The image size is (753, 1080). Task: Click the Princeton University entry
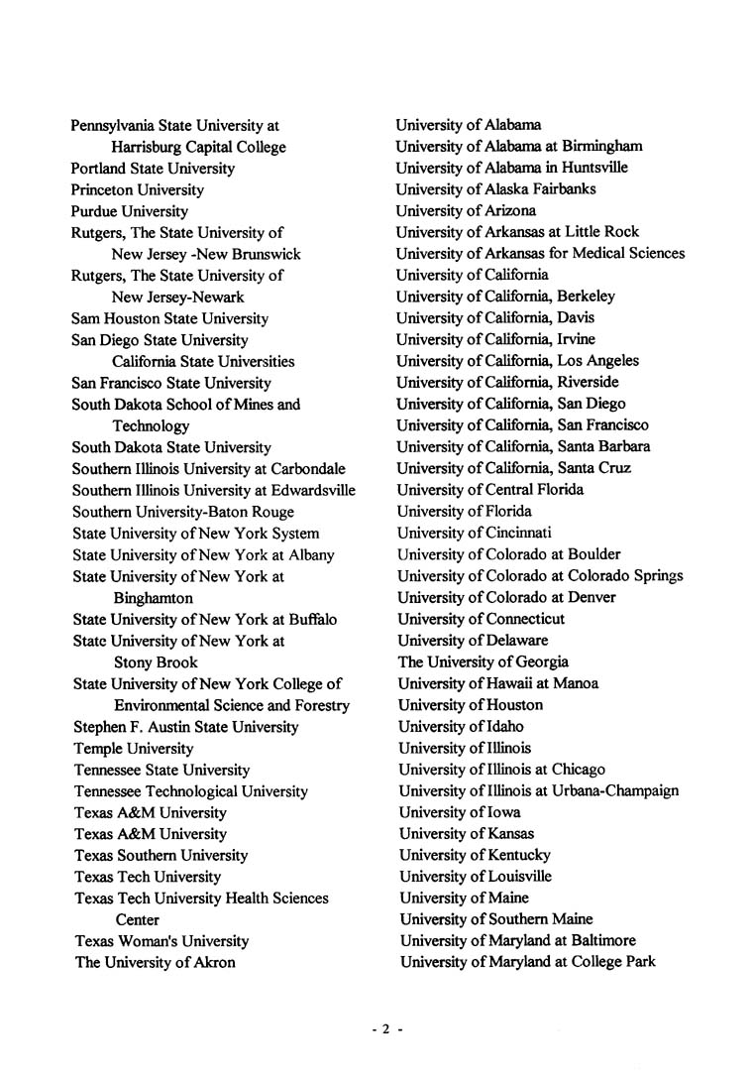click(x=138, y=189)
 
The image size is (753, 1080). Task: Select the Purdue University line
click(x=130, y=211)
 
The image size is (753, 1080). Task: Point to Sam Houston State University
click(x=169, y=318)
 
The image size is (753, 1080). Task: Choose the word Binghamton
click(x=154, y=598)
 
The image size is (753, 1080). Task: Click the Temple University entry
click(x=134, y=749)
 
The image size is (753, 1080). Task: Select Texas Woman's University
click(x=161, y=941)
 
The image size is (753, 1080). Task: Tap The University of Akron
click(x=156, y=963)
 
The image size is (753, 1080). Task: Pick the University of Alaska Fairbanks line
click(x=495, y=189)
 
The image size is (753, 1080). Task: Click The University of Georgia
click(x=484, y=661)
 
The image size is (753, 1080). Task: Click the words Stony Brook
click(x=156, y=662)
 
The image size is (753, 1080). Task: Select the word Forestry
click(x=322, y=706)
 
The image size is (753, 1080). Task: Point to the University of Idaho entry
click(x=461, y=727)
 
